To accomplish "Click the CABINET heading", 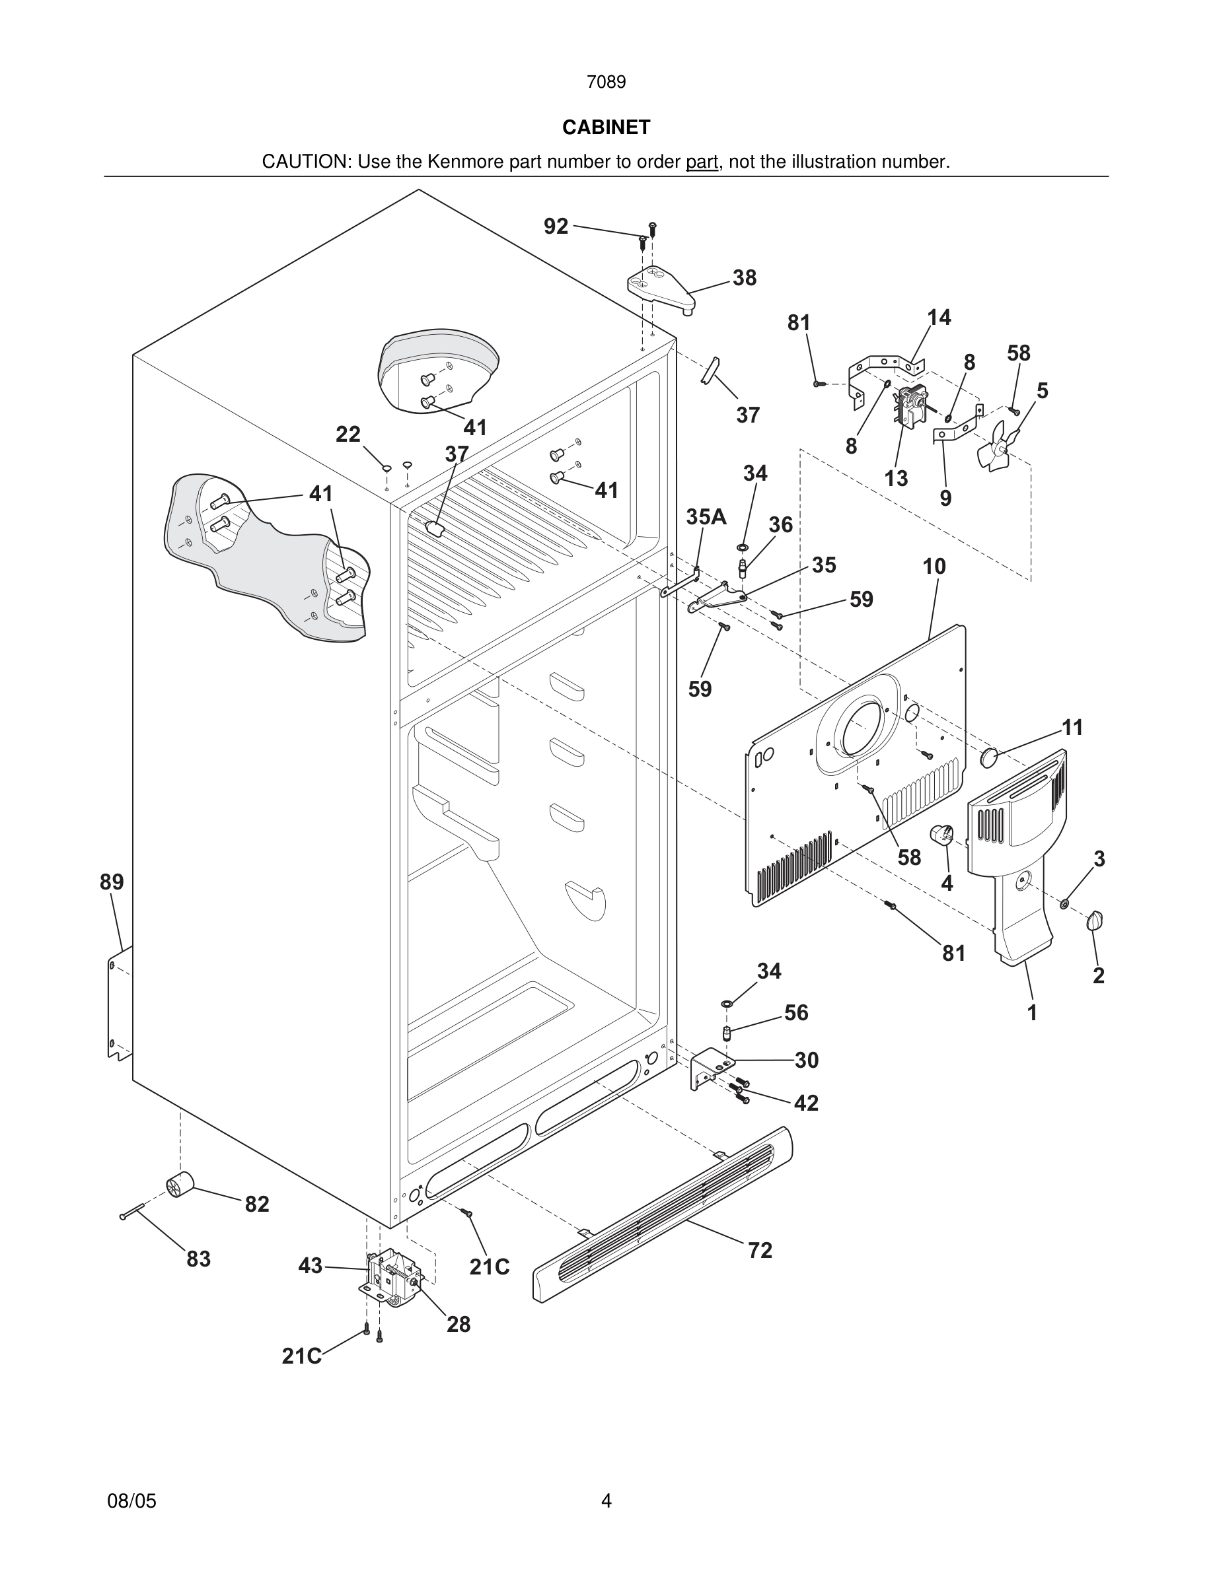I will coord(606,127).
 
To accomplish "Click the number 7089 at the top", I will coord(606,82).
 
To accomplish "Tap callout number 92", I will coord(556,227).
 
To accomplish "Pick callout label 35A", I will coord(706,516).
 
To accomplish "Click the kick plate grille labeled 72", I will coord(661,1214).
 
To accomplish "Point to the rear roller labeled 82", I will coord(180,1183).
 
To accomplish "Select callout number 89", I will coord(112,882).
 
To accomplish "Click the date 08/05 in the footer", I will coord(131,1501).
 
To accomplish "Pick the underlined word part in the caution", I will coord(702,162).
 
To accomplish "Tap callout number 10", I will coord(934,566).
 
